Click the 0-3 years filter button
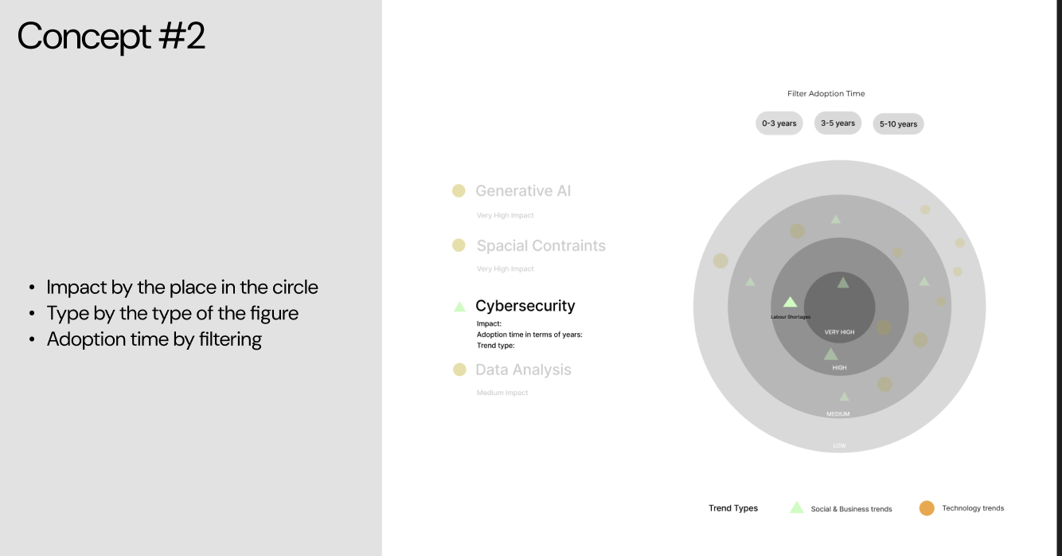779,123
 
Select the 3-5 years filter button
837,123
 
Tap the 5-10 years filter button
898,124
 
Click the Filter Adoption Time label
826,94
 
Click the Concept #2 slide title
111,37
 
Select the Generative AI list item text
523,191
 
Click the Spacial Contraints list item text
541,246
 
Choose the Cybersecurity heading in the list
525,306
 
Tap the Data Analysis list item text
523,370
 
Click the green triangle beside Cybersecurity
459,306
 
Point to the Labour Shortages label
790,317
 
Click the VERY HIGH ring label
839,332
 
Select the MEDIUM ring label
837,414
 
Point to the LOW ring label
839,445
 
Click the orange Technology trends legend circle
927,508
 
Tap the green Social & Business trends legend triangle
796,507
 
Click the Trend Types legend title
733,508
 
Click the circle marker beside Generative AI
459,190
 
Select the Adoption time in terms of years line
529,335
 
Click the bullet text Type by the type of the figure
172,313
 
